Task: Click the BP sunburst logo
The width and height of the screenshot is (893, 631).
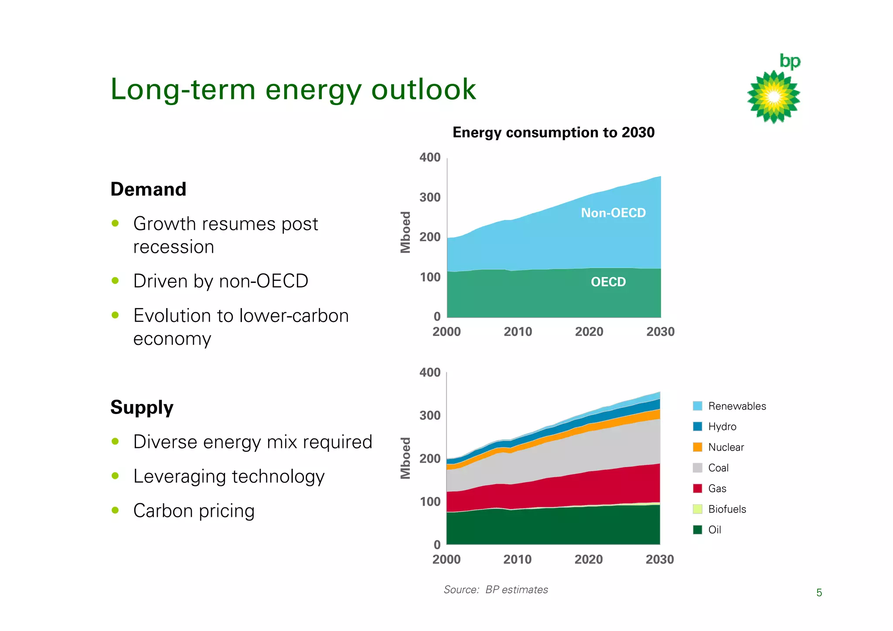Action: (774, 97)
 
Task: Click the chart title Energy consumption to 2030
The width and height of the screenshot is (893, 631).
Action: (553, 132)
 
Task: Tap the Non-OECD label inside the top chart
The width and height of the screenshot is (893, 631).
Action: (613, 213)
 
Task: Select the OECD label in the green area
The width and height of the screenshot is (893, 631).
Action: (608, 282)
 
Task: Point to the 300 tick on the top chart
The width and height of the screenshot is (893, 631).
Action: (430, 197)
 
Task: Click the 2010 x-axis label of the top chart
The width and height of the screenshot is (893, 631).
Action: (518, 332)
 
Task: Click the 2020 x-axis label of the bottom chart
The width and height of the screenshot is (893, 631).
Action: (589, 560)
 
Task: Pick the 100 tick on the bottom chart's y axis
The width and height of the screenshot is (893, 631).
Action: (430, 502)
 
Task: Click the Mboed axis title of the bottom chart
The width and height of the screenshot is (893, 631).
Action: (406, 458)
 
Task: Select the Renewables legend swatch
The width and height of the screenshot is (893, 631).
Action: (698, 406)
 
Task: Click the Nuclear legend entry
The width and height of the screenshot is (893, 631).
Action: (726, 447)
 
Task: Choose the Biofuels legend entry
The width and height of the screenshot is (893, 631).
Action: (727, 509)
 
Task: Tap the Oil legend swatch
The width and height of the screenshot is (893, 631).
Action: (698, 530)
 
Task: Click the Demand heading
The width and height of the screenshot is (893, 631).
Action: (148, 190)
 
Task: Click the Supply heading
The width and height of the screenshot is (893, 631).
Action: (142, 407)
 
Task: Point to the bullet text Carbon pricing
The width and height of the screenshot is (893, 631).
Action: (194, 511)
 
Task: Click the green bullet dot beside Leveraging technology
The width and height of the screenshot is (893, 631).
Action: (115, 476)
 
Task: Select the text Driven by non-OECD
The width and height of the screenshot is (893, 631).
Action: (221, 281)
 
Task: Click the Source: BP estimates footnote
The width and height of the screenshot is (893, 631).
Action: (496, 590)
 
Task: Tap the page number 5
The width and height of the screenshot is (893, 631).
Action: (819, 593)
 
